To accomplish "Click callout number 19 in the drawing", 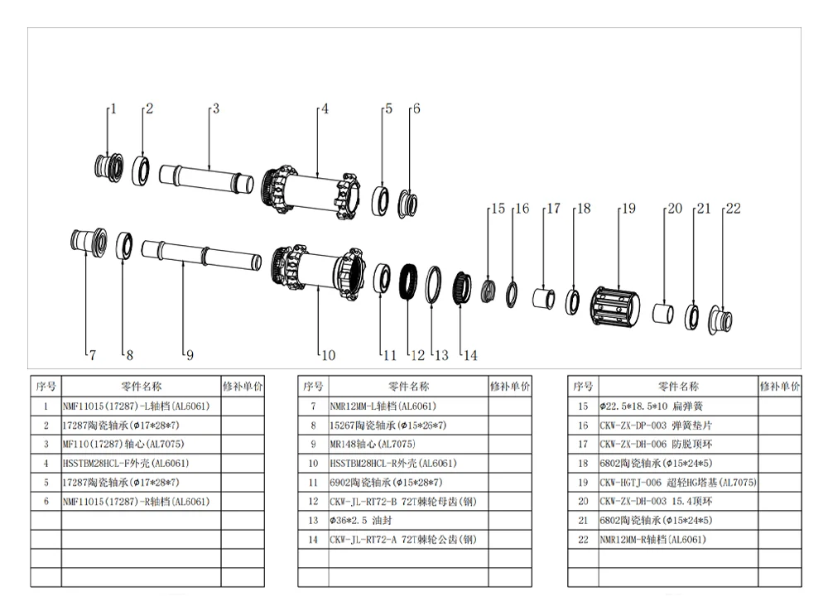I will tap(628, 209).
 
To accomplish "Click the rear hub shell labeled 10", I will tap(319, 271).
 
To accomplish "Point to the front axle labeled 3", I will tap(207, 178).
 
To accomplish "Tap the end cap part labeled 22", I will tap(720, 319).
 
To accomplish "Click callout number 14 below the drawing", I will tap(470, 355).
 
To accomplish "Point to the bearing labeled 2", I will tap(140, 169).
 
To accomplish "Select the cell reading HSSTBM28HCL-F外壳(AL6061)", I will tap(141, 464).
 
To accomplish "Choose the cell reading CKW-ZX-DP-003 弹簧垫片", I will tap(677, 426).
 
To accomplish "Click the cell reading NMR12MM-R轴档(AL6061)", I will tap(677, 540).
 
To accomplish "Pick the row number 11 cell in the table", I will tap(312, 483).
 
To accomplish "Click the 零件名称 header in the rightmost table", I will tap(677, 386).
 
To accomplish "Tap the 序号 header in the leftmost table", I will tap(46, 386).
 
